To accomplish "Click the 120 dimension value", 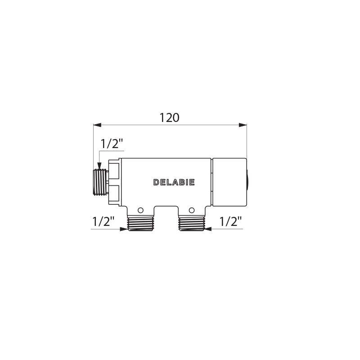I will click(x=170, y=117).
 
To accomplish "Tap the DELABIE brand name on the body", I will click(x=174, y=183).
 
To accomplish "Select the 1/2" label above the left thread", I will click(x=112, y=144).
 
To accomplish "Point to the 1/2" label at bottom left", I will click(x=104, y=221).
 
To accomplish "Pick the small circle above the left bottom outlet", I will click(x=140, y=210).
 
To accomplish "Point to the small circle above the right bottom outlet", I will click(x=192, y=210).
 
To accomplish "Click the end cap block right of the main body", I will click(x=229, y=182).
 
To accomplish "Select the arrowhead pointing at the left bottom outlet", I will click(x=123, y=229).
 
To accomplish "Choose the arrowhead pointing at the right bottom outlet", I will click(x=209, y=229).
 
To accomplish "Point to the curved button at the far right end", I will click(x=247, y=182).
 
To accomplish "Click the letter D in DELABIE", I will click(x=156, y=183).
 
